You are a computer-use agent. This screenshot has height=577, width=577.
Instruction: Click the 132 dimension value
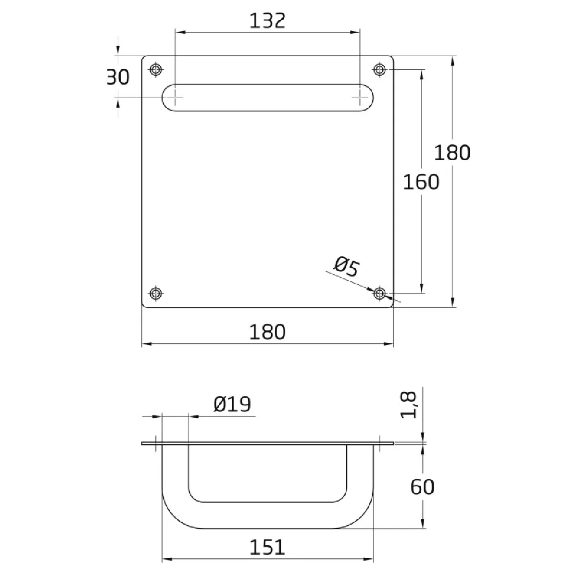tap(267, 21)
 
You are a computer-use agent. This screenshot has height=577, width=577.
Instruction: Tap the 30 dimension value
tap(118, 77)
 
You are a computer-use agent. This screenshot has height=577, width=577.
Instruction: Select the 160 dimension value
tap(421, 182)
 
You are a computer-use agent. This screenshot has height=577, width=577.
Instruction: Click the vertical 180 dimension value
tap(452, 153)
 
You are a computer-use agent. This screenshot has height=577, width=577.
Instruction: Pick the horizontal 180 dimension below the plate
tap(267, 332)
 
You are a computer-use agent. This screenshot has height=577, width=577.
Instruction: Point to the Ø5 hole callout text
tap(346, 266)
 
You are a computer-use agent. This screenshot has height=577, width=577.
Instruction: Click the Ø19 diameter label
tap(232, 404)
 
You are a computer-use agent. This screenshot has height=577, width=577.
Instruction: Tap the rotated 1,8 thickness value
tap(408, 405)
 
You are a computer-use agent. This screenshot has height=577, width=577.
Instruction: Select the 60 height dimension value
tap(422, 487)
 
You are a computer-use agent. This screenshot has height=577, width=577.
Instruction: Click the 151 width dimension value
tap(267, 547)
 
